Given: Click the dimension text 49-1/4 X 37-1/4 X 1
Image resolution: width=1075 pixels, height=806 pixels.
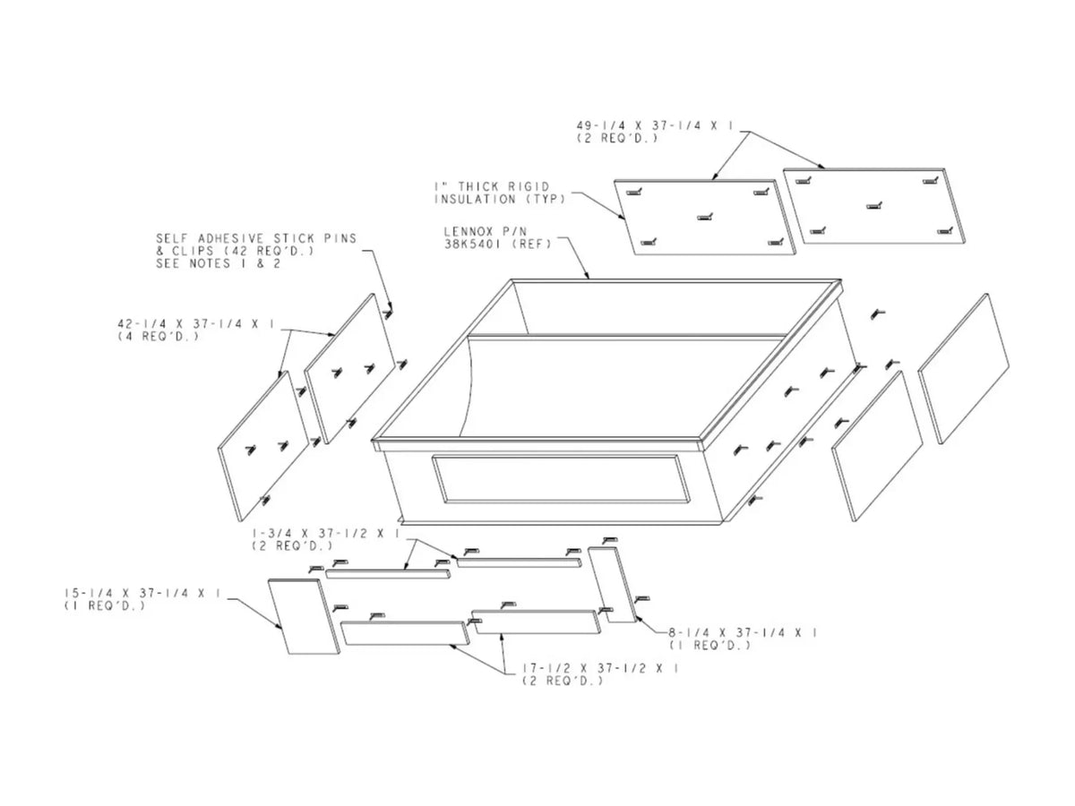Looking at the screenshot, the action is click(x=655, y=125).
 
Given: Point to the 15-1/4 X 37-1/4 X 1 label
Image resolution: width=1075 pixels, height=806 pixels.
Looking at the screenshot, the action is click(x=142, y=593).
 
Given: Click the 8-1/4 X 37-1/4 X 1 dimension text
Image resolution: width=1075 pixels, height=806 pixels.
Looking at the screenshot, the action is click(x=743, y=633).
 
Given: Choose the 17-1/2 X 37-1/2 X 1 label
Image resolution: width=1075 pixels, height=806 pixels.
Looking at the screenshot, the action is click(x=601, y=668).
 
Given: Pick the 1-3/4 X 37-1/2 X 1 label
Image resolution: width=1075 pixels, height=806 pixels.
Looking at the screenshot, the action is click(x=326, y=534).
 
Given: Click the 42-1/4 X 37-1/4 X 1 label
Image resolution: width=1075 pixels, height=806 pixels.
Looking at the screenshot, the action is click(x=196, y=324).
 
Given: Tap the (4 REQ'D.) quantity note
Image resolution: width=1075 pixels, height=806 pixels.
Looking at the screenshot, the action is click(x=159, y=337).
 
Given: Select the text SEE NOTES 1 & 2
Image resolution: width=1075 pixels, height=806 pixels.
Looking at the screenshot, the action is click(x=219, y=264).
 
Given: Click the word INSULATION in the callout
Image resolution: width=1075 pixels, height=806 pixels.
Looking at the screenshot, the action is click(x=475, y=199).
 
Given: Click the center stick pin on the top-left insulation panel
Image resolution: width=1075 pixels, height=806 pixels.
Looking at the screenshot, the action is click(x=705, y=217).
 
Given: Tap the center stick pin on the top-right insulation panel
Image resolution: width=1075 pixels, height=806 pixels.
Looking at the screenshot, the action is click(x=874, y=206).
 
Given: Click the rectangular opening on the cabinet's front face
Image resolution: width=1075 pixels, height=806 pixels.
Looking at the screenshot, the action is click(x=561, y=479).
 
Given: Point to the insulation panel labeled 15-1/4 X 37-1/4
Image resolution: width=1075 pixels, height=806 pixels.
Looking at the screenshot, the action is click(x=304, y=616).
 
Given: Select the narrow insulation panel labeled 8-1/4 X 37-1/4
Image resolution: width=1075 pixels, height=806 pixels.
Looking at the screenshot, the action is click(x=612, y=586).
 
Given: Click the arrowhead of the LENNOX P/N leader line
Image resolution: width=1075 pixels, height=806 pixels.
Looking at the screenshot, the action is click(x=587, y=277).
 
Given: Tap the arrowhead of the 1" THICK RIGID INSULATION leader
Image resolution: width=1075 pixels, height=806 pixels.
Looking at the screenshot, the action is click(x=623, y=218).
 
